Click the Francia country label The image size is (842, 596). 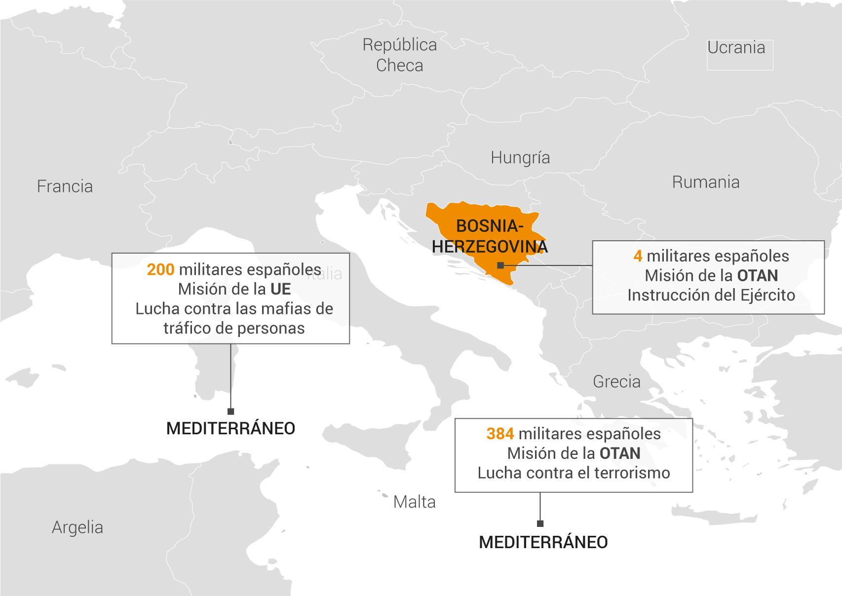point(65,186)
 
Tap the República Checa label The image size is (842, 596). point(400,55)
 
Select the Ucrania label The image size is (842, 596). point(736,48)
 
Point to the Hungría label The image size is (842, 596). point(520,158)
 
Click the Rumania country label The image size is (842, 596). point(706,183)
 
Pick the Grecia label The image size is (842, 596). point(616,382)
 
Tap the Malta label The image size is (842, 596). point(415,502)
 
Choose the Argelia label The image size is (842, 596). point(77,527)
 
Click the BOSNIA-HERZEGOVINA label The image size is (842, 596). point(490,236)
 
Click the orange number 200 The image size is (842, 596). point(160,270)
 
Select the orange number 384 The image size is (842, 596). point(500,434)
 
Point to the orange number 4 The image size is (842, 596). point(638,256)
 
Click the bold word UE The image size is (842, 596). point(280,289)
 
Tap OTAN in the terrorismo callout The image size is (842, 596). point(620,453)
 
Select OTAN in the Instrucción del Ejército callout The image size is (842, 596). point(757,276)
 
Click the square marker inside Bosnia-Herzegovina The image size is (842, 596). point(500,265)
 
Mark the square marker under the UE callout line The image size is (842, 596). point(230,411)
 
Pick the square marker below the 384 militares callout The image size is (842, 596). point(540,523)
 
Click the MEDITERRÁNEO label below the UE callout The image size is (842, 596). point(230,429)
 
